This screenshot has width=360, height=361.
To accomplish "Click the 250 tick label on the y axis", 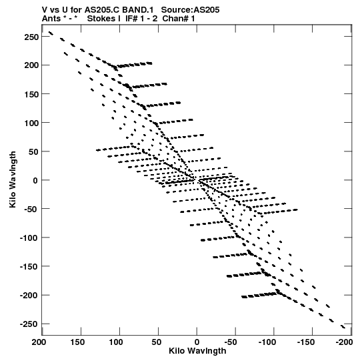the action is tap(31, 37).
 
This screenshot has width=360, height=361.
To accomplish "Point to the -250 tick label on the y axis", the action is tap(29, 324).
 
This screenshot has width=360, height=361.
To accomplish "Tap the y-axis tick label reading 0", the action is tap(35, 180).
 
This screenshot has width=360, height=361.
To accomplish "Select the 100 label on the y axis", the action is tap(31, 123).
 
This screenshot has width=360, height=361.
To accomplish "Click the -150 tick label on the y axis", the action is tap(29, 267).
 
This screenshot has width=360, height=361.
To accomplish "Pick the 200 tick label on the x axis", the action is tap(39, 342).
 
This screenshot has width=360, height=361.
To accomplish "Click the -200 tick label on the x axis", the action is tap(344, 342).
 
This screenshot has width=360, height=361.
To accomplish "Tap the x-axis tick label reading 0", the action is tap(197, 342).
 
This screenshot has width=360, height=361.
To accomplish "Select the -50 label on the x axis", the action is tap(230, 342).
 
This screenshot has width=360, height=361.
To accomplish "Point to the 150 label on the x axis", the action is tap(77, 342).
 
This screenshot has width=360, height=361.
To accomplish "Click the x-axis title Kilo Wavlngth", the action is tap(197, 351).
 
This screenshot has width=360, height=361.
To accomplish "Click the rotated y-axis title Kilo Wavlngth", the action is tap(13, 179).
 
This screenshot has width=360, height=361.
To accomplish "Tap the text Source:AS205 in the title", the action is tap(190, 10).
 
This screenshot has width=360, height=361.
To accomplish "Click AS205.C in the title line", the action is tap(102, 10).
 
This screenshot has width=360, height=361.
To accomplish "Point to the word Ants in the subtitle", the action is tap(51, 19).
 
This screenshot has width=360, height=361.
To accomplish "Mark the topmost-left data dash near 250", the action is tap(51, 33).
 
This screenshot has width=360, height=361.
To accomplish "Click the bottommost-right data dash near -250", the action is tap(343, 327).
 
